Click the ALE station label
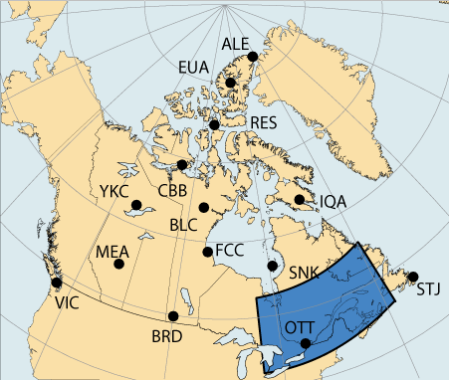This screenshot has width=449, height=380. [x=234, y=44]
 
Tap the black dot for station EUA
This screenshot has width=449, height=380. [x=230, y=84]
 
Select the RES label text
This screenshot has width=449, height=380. [x=263, y=123]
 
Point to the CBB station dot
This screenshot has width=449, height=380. [x=181, y=165]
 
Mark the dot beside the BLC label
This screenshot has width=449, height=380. [x=203, y=208]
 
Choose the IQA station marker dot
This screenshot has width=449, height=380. [x=300, y=200]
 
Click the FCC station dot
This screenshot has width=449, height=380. [x=208, y=252]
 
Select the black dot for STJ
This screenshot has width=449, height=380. [x=413, y=277]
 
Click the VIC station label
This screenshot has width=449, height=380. [x=68, y=301]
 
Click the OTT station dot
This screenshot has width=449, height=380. [x=306, y=344]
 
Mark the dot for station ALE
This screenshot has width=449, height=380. [x=253, y=57]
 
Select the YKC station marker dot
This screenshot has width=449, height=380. [x=136, y=206]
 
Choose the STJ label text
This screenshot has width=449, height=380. [x=426, y=290]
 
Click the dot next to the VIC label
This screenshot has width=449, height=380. [x=57, y=283]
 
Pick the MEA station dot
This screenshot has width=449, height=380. [x=119, y=264]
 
